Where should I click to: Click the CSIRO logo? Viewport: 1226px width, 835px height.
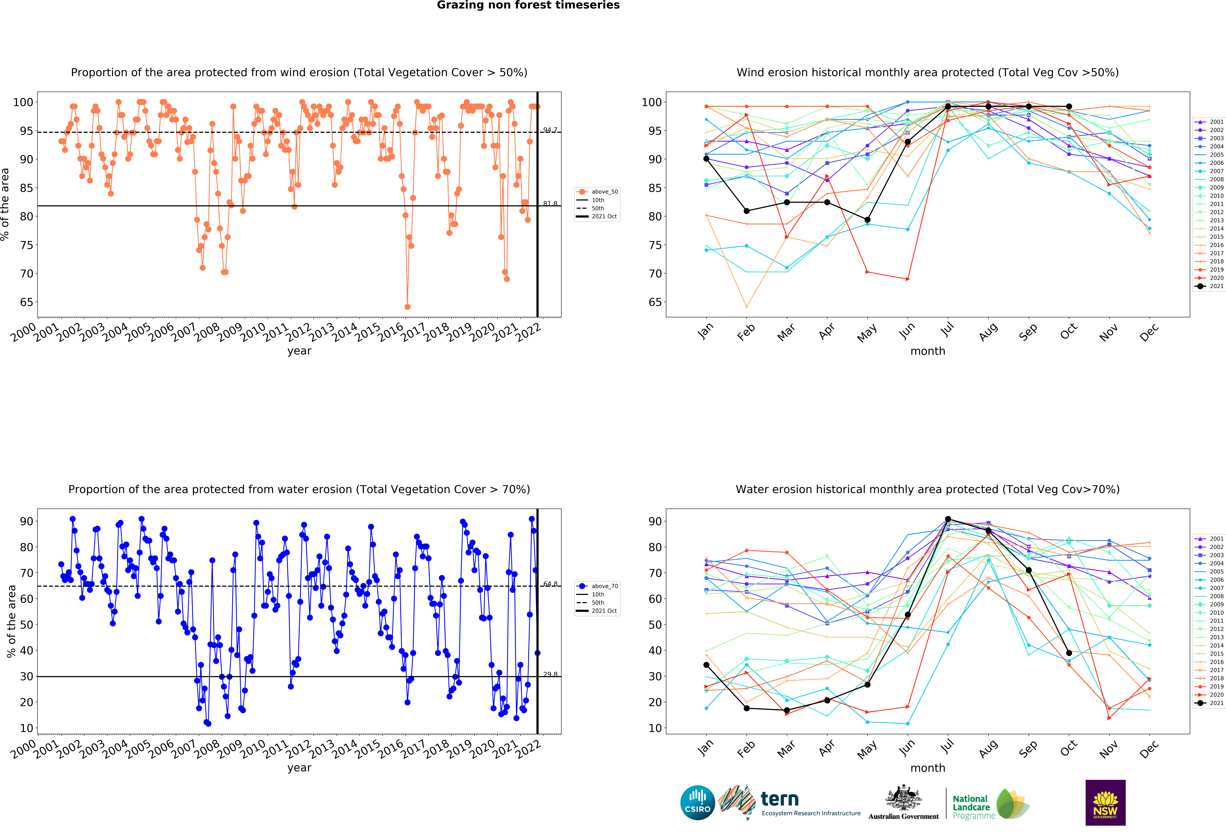pos(697,803)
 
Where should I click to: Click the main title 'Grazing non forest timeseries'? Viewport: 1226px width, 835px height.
pos(528,5)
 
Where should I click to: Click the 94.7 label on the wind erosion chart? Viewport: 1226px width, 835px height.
pos(550,130)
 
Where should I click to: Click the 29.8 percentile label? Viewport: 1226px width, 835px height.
pos(550,674)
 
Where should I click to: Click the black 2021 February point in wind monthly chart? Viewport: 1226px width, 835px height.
pos(746,211)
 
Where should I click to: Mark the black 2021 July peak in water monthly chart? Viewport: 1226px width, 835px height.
pos(948,519)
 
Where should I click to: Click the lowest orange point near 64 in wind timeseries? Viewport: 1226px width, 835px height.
pos(407,307)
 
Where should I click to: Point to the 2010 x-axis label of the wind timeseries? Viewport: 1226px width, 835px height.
pos(253,332)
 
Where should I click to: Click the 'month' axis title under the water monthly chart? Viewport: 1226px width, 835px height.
pos(927,768)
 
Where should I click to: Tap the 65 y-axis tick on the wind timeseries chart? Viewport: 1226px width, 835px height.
pos(26,302)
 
